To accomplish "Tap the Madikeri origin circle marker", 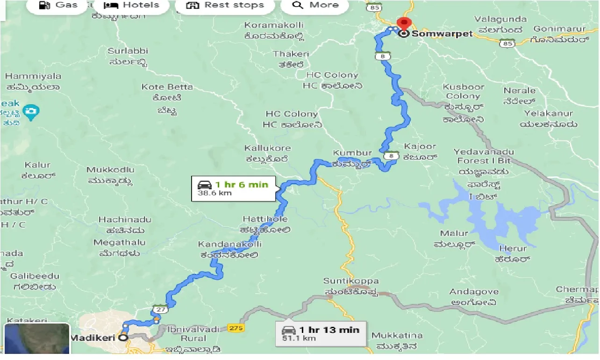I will point(123,338).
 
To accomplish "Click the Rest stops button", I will point(225,6).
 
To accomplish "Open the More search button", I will point(315,6).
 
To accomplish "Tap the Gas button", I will point(58,6).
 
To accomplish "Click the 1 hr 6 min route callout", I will point(233,188).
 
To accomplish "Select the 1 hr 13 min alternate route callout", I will point(321,334).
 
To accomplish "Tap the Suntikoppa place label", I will point(351,281).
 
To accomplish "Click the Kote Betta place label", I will point(167,87).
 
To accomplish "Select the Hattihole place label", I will point(265,219).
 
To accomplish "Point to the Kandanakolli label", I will point(230,245).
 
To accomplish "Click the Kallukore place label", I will point(267,148).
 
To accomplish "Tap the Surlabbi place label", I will point(128,51).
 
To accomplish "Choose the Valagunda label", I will point(500,20).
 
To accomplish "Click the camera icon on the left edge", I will point(31,112).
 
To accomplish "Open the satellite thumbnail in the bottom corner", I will point(36,339).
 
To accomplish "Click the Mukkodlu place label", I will point(110,170).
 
